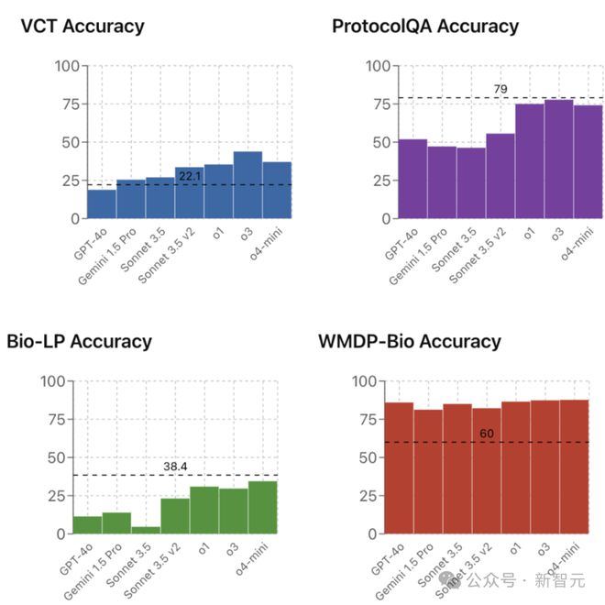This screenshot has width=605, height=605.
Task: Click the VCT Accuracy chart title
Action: point(82,26)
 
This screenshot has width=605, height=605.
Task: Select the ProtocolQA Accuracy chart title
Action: point(425,26)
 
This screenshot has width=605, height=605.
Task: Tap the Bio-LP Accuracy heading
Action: point(79,341)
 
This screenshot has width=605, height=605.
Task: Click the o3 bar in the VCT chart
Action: point(248,185)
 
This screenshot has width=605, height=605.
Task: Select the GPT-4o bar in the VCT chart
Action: point(102,203)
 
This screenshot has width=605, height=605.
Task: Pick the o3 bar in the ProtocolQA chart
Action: point(559,159)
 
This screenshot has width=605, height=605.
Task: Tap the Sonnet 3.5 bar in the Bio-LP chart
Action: point(146,530)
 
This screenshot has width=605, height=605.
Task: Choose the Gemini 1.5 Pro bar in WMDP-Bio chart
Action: point(428,471)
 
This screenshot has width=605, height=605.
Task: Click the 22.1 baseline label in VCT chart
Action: point(190,175)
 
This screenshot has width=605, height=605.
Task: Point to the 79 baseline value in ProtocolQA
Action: point(500,89)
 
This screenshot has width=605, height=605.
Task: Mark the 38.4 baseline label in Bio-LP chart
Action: point(175,466)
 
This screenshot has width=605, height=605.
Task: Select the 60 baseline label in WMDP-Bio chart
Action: point(487,433)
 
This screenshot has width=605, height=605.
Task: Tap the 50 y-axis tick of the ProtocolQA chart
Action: point(379,142)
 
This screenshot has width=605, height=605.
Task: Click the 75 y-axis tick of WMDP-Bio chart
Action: point(367,419)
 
